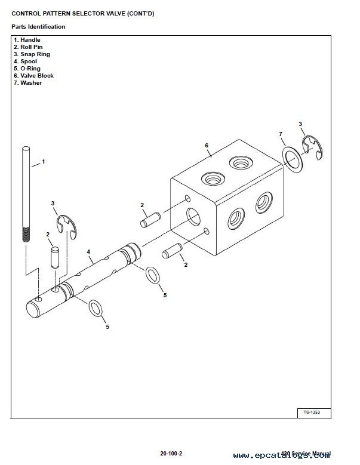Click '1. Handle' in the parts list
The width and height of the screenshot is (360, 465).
point(27,40)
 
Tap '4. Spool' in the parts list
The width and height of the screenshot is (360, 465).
point(26,61)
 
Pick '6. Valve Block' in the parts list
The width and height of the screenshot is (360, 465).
point(33,76)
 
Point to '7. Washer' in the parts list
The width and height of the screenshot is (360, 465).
point(29,83)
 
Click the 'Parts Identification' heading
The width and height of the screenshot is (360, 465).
point(38,27)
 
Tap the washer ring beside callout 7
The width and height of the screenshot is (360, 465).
point(293,159)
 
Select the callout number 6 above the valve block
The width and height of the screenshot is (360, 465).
point(206,145)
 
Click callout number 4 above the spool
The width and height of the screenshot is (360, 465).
point(88,252)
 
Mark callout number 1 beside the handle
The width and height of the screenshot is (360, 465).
point(43,162)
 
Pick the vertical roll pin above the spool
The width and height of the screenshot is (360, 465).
point(55,257)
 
